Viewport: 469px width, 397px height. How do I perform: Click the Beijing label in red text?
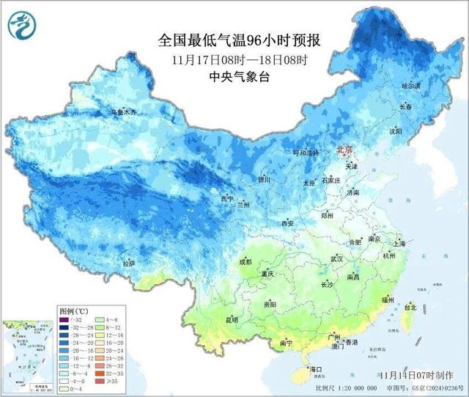click(x=344, y=149)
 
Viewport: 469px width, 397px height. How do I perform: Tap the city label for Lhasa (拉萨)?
click(x=129, y=263)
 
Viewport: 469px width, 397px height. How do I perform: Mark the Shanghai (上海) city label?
click(x=399, y=243)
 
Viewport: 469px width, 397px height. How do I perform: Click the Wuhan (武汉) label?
click(x=337, y=259)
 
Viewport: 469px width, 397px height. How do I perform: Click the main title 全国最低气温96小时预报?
click(x=240, y=41)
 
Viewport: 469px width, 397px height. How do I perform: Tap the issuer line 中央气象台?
click(x=240, y=77)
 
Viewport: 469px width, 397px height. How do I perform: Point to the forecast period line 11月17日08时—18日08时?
click(x=240, y=59)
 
